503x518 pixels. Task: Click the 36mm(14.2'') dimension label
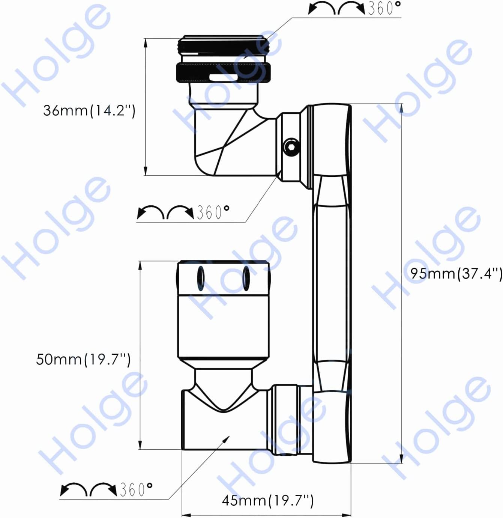89,110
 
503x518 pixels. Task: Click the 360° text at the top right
384,8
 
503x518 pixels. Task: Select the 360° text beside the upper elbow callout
213,212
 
